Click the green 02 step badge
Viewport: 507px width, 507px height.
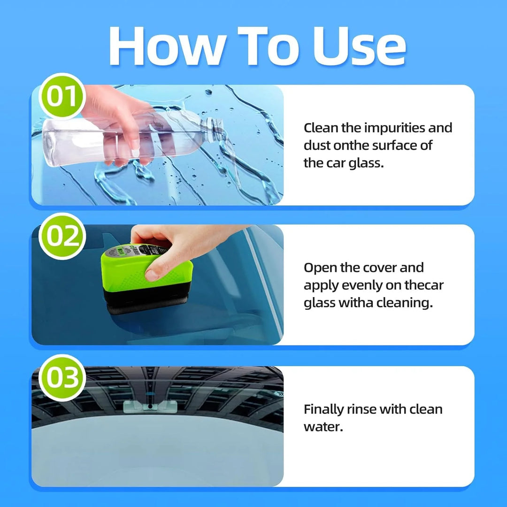(x=61, y=236)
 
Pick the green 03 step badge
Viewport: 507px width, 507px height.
(x=61, y=377)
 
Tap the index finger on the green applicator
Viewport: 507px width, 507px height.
(x=162, y=268)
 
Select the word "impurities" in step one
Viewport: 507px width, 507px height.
(x=394, y=128)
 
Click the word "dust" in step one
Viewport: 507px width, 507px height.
(x=317, y=146)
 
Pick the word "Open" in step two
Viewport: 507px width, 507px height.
(x=321, y=268)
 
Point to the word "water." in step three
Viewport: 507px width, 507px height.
(x=323, y=427)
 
